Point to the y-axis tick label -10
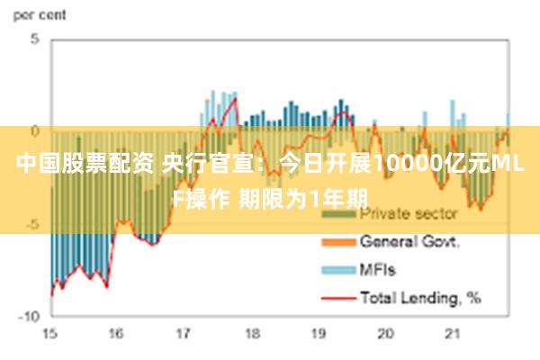point(31,316)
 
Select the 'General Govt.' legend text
point(410,241)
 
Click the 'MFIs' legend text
point(378,268)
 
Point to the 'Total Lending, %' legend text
point(419,295)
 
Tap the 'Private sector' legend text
point(409,214)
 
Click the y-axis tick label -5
point(32,224)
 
